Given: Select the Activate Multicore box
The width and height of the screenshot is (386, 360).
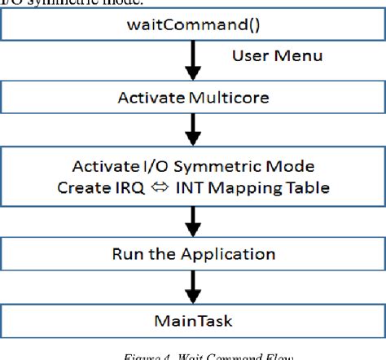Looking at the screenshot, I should pyautogui.click(x=192, y=99).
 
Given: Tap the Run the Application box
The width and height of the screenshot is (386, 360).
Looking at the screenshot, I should pyautogui.click(x=192, y=252).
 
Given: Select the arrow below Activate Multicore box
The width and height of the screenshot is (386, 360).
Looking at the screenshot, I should pyautogui.click(x=193, y=128).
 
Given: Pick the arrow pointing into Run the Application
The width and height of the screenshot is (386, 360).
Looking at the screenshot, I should pyautogui.click(x=193, y=217).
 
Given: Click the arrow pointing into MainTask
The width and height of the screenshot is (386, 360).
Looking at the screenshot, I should pyautogui.click(x=193, y=283).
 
